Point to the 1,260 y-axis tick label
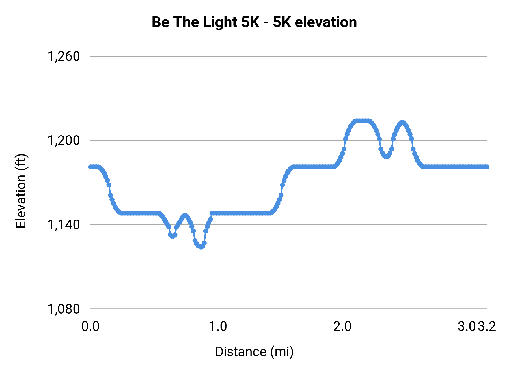point(64,56)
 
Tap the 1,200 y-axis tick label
point(64,140)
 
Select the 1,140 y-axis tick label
point(64,225)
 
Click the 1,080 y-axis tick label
point(64,309)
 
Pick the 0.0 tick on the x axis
point(90,327)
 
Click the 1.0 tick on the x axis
point(218,327)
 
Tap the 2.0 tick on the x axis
point(342,327)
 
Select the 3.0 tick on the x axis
point(467,327)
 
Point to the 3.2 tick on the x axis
point(487,327)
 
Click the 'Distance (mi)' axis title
point(254,352)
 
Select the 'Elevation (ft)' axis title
point(21,191)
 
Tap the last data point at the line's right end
point(487,167)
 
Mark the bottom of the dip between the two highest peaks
point(386,157)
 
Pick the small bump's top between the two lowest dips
point(185,216)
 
